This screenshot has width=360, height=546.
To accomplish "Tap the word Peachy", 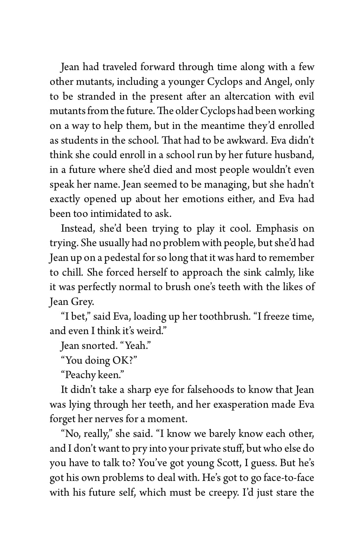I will (80, 375).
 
